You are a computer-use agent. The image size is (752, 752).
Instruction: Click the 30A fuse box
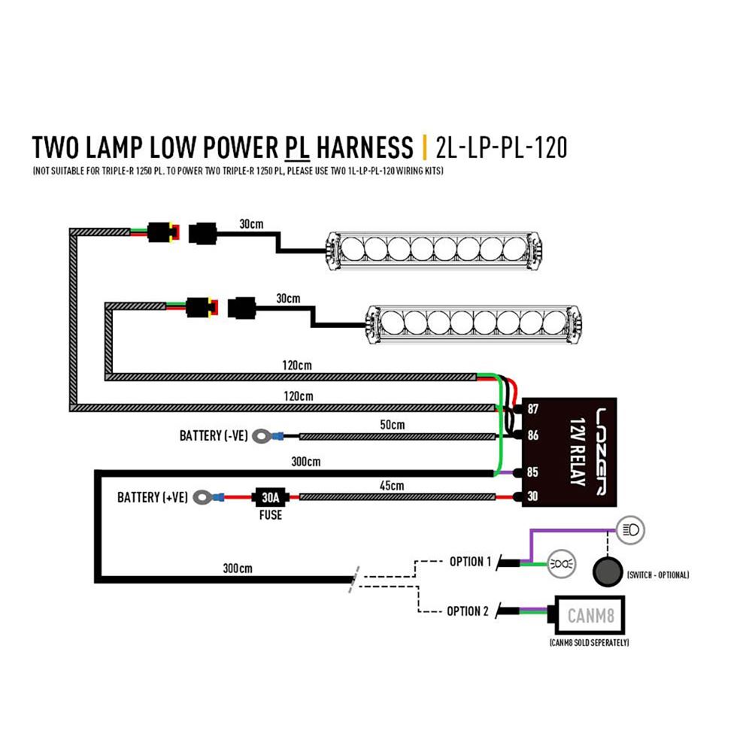[x=269, y=497]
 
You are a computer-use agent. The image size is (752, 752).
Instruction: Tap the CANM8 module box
[x=590, y=615]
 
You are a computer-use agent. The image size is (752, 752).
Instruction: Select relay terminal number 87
[x=533, y=408]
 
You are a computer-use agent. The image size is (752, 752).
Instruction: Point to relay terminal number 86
[x=533, y=435]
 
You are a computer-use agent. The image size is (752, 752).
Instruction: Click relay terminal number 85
[x=533, y=472]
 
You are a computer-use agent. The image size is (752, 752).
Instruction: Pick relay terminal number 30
[x=533, y=496]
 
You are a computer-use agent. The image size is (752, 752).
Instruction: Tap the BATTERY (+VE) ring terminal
[x=202, y=497]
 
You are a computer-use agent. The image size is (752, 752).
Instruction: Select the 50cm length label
[x=393, y=425]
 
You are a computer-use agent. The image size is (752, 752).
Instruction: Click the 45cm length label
[x=392, y=486]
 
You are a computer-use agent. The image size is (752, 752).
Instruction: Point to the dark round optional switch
[x=608, y=572]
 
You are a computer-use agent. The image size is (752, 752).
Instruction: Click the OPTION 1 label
[x=470, y=562]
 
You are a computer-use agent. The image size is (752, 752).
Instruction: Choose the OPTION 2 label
[x=468, y=611]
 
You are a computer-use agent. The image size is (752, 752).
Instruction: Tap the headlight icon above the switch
[x=630, y=530]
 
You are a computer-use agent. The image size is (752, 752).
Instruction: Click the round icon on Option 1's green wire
[x=562, y=564]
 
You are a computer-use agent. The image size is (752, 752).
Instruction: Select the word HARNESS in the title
[x=365, y=147]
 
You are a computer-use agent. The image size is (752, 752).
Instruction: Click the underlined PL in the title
[x=297, y=147]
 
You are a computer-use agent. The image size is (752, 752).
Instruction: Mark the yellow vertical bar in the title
[x=425, y=147]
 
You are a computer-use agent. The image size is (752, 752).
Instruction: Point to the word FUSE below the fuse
[x=271, y=515]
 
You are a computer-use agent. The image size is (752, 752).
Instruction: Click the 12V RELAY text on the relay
[x=578, y=452]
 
